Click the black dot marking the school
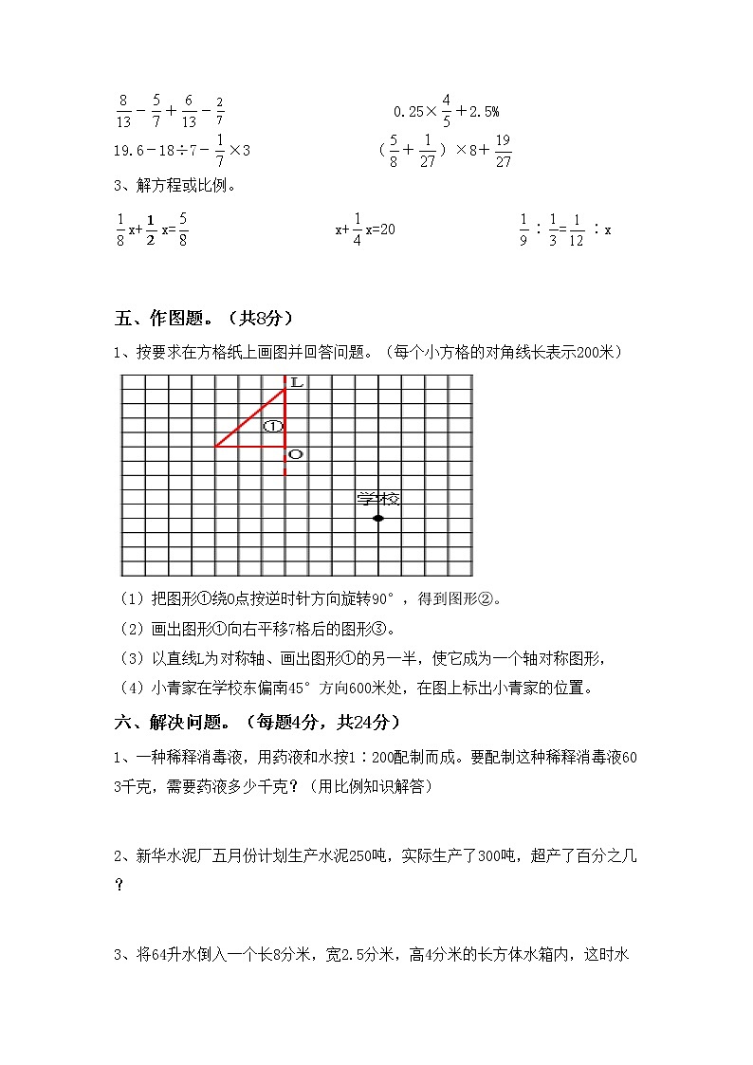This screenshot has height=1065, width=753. click(378, 518)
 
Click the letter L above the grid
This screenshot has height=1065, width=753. click(296, 383)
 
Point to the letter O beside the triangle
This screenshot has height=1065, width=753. click(295, 455)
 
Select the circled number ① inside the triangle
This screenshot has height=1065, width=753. click(273, 427)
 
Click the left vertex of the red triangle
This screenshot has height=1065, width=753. click(216, 445)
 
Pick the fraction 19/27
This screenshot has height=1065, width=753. click(503, 150)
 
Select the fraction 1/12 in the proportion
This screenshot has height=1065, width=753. click(579, 230)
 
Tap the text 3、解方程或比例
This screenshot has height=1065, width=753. click(174, 186)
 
